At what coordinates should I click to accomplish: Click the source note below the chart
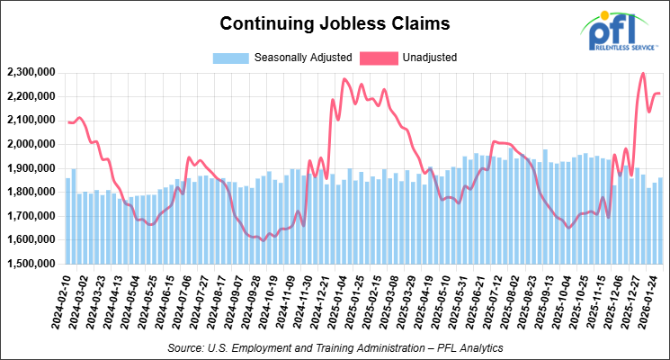(335, 346)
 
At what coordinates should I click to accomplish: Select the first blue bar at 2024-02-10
(67, 220)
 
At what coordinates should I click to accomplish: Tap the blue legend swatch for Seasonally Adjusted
(230, 58)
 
